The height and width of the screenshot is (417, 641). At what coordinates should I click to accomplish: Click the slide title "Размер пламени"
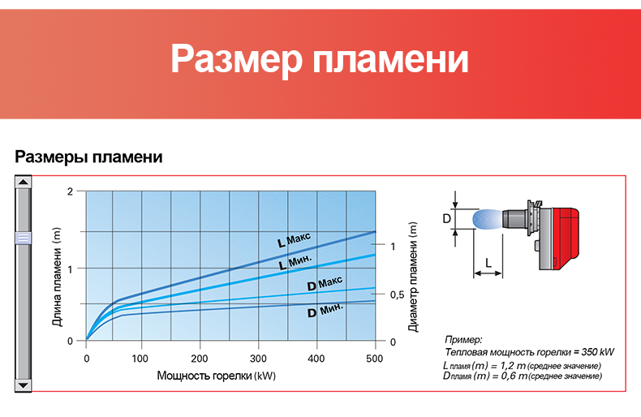tap(319, 59)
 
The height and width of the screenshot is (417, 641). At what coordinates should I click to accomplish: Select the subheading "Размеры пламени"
tap(88, 157)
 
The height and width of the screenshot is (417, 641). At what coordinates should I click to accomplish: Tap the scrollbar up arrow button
tap(24, 182)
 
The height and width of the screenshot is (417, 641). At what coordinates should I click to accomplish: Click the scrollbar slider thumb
tap(23, 238)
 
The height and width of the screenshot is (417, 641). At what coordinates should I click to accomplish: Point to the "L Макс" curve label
tap(294, 240)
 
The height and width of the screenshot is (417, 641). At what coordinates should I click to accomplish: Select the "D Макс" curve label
tap(325, 283)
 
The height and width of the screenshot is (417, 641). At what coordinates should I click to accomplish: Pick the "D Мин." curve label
tap(325, 310)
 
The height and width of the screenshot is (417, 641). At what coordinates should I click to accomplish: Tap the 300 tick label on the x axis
tap(258, 359)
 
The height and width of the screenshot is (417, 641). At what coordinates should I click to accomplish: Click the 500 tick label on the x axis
tap(375, 359)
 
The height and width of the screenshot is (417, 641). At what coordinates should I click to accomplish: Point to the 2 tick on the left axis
tap(71, 191)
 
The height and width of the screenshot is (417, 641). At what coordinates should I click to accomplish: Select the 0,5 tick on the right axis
tap(397, 294)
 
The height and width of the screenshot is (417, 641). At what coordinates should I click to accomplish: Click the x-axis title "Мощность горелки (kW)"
tap(217, 376)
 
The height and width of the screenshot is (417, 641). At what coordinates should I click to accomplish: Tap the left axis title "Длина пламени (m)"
tap(57, 277)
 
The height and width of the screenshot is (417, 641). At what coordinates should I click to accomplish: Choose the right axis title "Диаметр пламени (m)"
tap(413, 277)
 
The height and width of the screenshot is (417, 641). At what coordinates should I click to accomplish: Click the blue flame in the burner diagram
tap(488, 219)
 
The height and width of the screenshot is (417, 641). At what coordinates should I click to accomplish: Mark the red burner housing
tap(566, 239)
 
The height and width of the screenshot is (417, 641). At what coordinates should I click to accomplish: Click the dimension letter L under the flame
tap(488, 263)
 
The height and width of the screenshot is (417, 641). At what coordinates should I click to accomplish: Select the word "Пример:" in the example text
tap(463, 340)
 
